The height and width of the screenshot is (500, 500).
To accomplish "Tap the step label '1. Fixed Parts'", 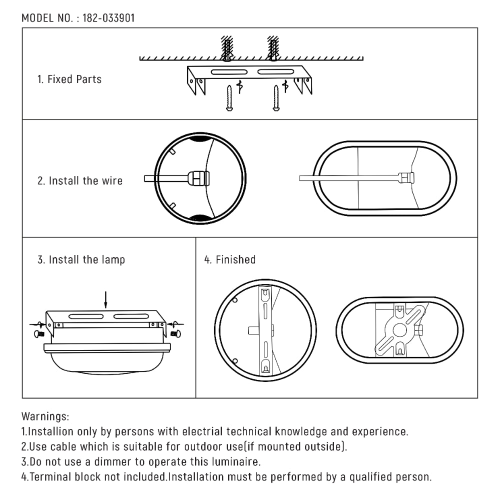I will click(x=69, y=79).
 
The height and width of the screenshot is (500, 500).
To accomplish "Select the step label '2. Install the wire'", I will click(x=80, y=180).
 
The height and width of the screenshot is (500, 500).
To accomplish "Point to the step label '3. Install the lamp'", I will click(x=81, y=260).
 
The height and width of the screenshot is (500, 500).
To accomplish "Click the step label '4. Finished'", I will click(x=230, y=260).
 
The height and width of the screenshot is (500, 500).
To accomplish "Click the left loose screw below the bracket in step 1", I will click(x=228, y=98).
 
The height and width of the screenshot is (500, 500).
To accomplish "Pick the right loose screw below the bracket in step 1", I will click(x=275, y=98).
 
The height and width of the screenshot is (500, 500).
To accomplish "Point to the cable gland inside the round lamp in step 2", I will click(x=198, y=178).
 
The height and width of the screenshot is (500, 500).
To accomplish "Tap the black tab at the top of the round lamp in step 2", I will click(x=200, y=139).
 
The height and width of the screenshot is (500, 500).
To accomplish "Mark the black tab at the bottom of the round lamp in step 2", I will click(x=200, y=216).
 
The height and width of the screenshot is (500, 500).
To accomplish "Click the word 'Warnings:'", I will click(x=45, y=416).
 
